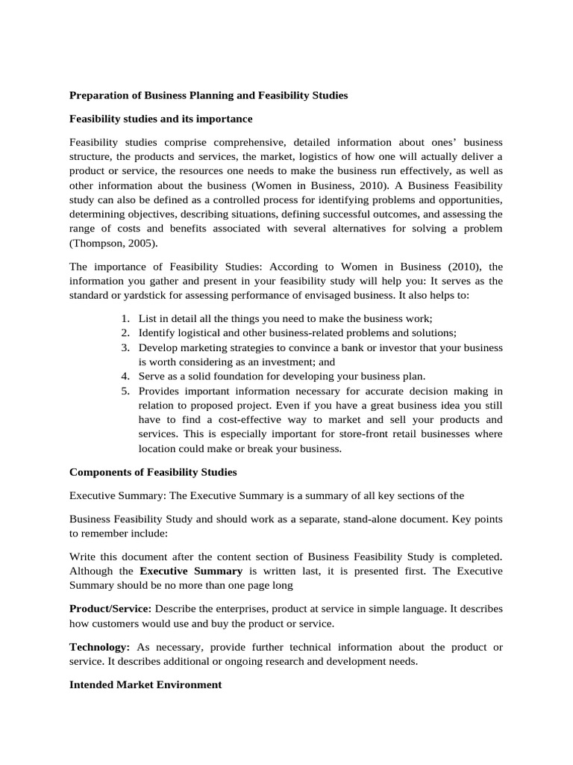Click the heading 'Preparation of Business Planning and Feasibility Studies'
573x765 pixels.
208,96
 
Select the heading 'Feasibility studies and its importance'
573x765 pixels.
161,119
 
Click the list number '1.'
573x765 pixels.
125,319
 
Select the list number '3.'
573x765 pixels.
125,347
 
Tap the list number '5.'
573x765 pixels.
125,391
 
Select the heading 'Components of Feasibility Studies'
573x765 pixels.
153,472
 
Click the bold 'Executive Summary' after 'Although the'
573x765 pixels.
191,571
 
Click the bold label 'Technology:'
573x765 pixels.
100,646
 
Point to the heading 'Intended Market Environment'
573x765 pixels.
145,684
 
